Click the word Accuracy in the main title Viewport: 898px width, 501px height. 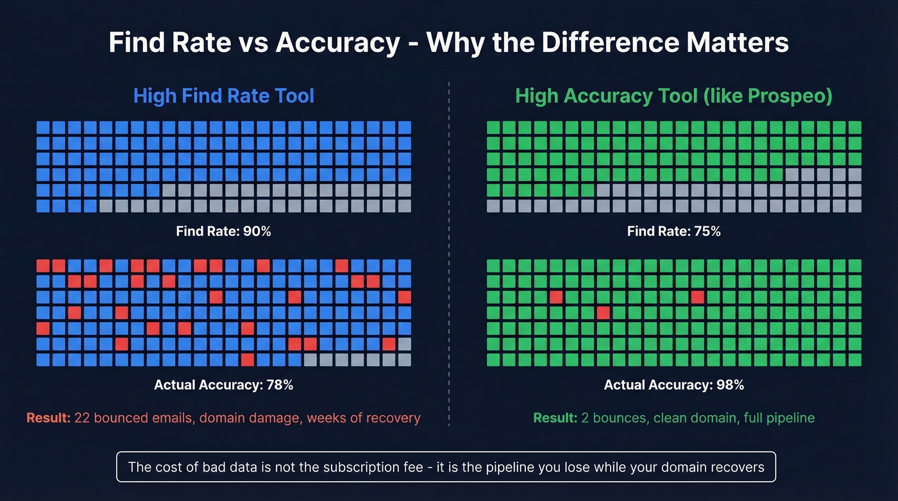pos(337,43)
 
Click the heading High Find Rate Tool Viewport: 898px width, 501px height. pos(224,96)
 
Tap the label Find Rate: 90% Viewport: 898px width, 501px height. pos(224,231)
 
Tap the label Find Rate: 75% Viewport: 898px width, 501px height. pos(673,231)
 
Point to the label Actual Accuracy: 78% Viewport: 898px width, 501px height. pos(224,385)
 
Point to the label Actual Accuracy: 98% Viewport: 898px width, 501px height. pos(673,385)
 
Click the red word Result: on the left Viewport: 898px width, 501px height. pos(48,418)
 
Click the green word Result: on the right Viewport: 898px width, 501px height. pos(555,418)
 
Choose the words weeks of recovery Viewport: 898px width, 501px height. pos(364,418)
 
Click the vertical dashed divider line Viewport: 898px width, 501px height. pos(449,257)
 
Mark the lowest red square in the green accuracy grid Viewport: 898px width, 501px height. pos(603,312)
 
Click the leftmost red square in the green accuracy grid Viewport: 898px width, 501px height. pos(556,297)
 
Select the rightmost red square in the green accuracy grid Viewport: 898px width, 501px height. pos(697,297)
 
